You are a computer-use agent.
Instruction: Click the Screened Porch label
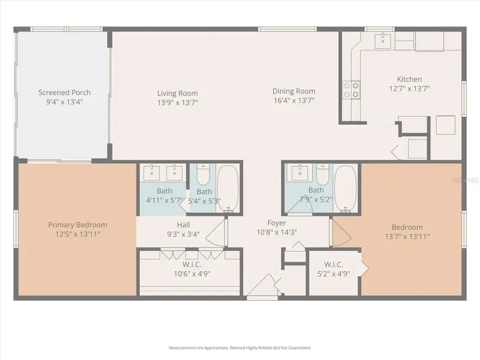pyautogui.click(x=60, y=92)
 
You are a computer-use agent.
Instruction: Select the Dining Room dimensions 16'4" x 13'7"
pyautogui.click(x=294, y=100)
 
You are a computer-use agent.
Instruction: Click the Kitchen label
pyautogui.click(x=409, y=79)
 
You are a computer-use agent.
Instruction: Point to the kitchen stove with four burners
pyautogui.click(x=350, y=90)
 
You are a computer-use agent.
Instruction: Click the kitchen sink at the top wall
pyautogui.click(x=383, y=39)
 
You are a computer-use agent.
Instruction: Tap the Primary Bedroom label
pyautogui.click(x=78, y=225)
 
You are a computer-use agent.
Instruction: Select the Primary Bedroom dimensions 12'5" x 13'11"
pyautogui.click(x=78, y=234)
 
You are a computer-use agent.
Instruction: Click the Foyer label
pyautogui.click(x=276, y=223)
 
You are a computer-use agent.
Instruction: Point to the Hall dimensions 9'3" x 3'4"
pyautogui.click(x=183, y=234)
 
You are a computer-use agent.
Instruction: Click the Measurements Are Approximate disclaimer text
pyautogui.click(x=240, y=348)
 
